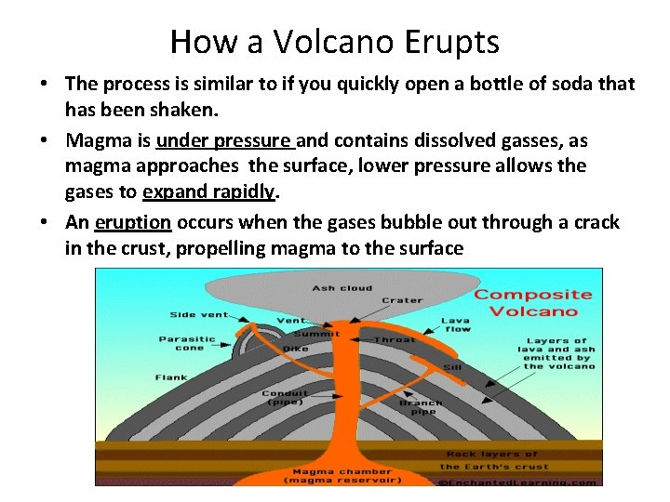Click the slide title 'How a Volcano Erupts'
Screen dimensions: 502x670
pos(335,41)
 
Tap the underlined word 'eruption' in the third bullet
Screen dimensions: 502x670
pos(132,222)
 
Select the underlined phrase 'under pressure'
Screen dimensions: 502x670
pos(224,140)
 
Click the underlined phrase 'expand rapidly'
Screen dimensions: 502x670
pos(209,191)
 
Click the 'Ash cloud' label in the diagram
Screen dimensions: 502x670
pos(342,287)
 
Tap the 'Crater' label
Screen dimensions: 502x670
pos(402,300)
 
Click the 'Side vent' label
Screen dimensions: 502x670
pos(195,314)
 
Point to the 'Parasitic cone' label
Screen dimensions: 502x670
pos(186,343)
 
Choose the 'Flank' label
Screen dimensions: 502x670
pos(171,377)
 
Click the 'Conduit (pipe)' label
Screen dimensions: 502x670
pos(285,398)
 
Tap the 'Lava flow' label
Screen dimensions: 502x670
pos(455,324)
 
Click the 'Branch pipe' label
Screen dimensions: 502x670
pos(421,407)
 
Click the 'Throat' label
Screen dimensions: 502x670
pos(395,339)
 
